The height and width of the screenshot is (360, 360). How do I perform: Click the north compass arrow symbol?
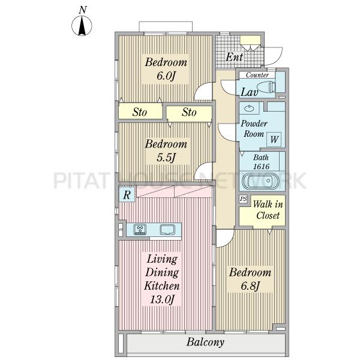pyautogui.click(x=82, y=26)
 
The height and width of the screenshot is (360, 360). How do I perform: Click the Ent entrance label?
pyautogui.click(x=234, y=57)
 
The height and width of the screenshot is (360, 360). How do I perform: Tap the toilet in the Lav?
pyautogui.click(x=266, y=88)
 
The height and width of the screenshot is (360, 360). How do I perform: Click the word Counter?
pyautogui.click(x=257, y=75)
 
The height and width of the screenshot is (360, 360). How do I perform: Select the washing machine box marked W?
pyautogui.click(x=274, y=139)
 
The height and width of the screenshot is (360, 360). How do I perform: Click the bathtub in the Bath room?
pyautogui.click(x=261, y=181)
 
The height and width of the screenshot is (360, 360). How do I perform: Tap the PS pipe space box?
pyautogui.click(x=244, y=199)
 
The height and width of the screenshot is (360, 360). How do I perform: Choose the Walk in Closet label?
pyautogui.click(x=268, y=209)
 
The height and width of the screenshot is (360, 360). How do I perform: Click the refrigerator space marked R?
pyautogui.click(x=127, y=195)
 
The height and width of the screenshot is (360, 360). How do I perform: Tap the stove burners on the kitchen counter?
pyautogui.click(x=140, y=229)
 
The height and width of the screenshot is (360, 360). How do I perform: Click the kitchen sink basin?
pyautogui.click(x=167, y=230)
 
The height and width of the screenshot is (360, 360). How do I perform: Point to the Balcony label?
pyautogui.click(x=205, y=342)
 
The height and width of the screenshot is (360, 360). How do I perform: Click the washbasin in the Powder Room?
pyautogui.click(x=248, y=108)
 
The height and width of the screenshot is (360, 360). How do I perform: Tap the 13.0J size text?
pyautogui.click(x=162, y=299)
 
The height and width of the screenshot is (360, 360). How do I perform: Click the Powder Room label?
pyautogui.click(x=254, y=128)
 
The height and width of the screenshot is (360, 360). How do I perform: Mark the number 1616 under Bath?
pyautogui.click(x=261, y=166)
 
